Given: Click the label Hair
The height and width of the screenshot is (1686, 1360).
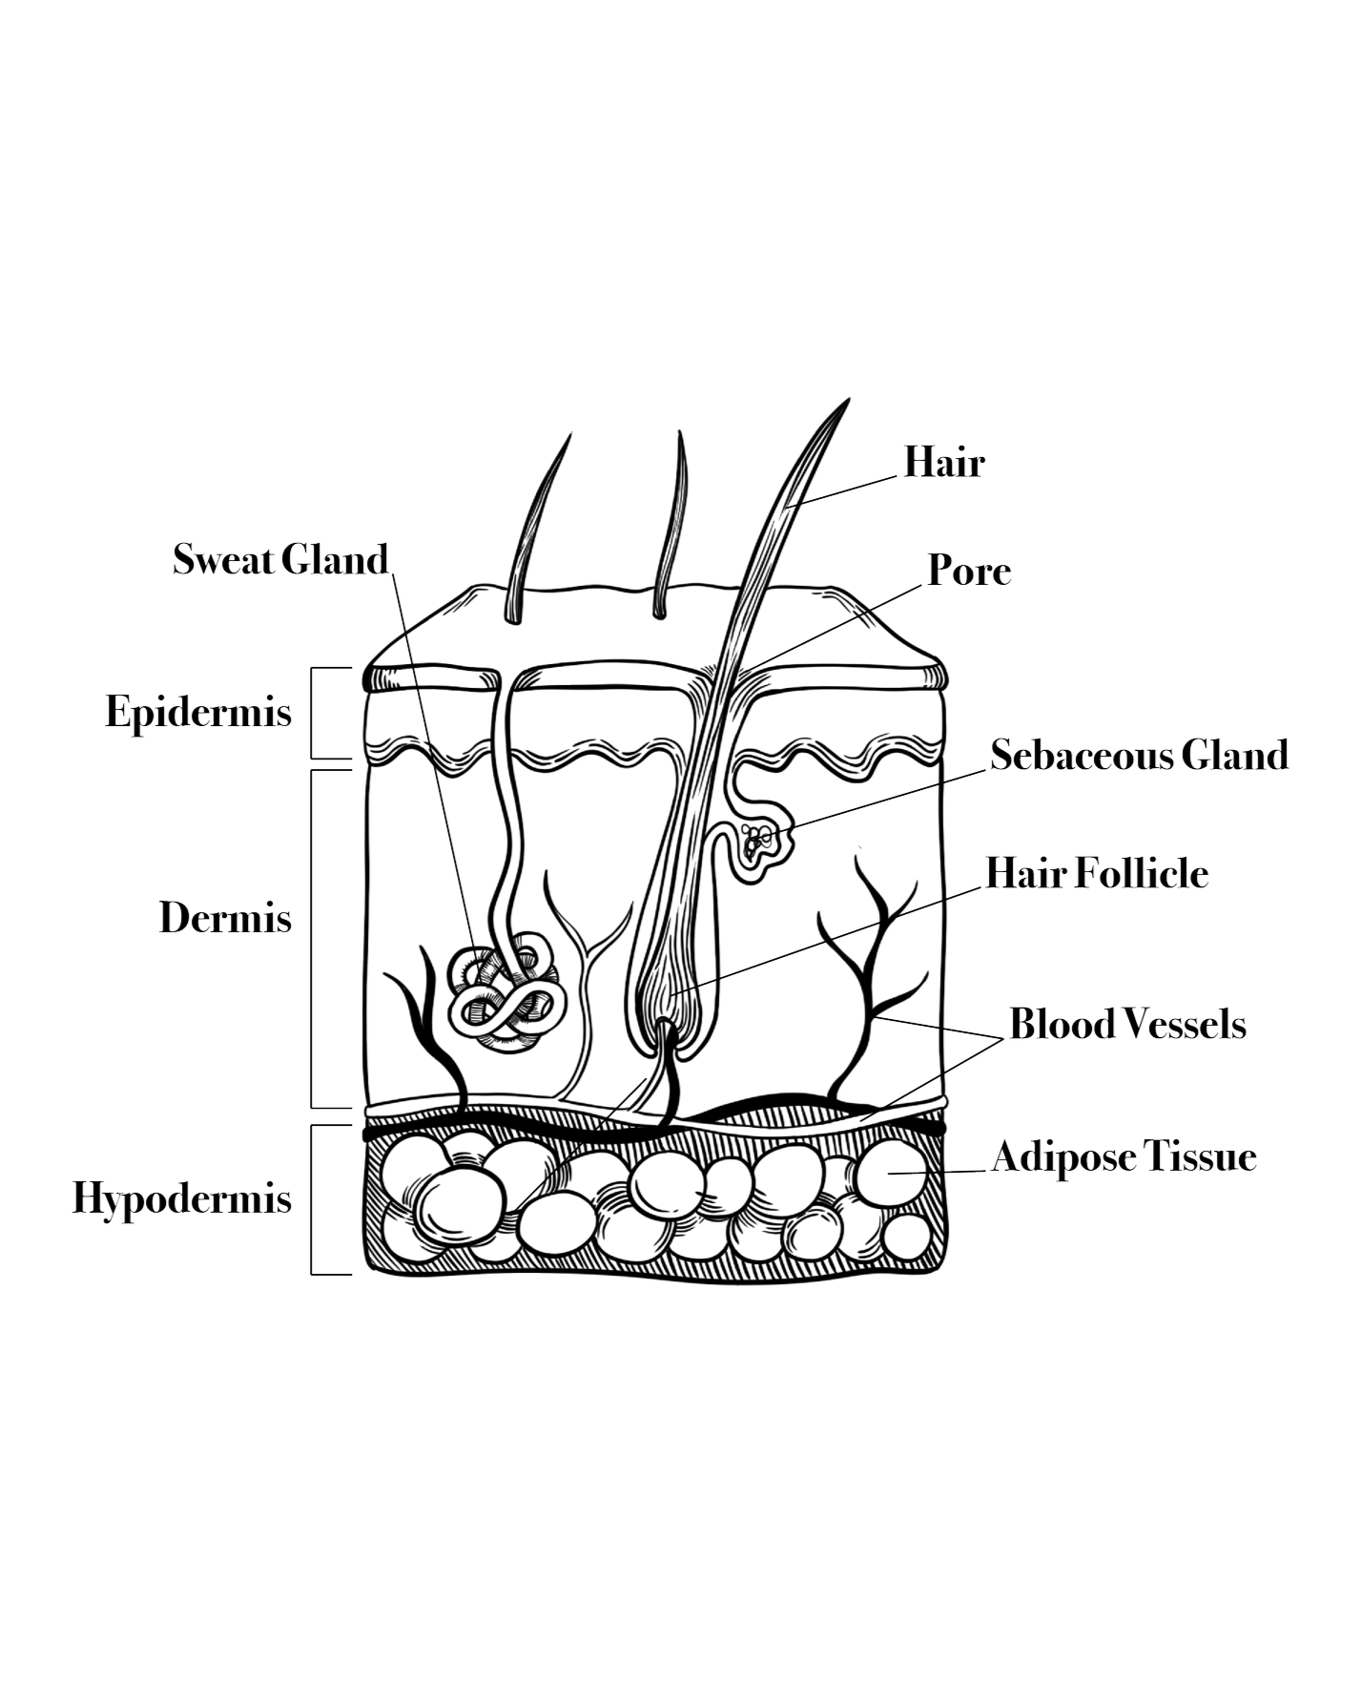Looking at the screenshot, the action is pyautogui.click(x=943, y=462).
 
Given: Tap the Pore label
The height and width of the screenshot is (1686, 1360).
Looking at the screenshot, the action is pyautogui.click(x=969, y=571).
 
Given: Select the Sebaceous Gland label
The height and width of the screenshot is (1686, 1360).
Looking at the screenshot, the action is pyautogui.click(x=1139, y=755).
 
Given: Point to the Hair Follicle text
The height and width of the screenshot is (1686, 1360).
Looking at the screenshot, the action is pyautogui.click(x=1097, y=873).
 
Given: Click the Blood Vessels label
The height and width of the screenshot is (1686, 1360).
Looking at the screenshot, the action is pyautogui.click(x=1127, y=1024).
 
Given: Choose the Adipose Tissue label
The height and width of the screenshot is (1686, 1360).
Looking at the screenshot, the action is pyautogui.click(x=1124, y=1156).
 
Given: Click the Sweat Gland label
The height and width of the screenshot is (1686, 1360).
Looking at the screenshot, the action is pyautogui.click(x=280, y=559).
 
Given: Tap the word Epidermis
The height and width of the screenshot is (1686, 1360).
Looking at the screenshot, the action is pyautogui.click(x=198, y=712).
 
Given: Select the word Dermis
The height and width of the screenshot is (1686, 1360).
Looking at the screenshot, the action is pyautogui.click(x=225, y=918).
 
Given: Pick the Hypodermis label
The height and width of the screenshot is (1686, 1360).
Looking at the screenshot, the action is pyautogui.click(x=181, y=1198).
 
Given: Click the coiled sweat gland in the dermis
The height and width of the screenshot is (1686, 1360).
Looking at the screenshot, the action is pyautogui.click(x=505, y=997).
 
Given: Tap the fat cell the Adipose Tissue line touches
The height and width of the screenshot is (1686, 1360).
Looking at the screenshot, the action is pyautogui.click(x=891, y=1173).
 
